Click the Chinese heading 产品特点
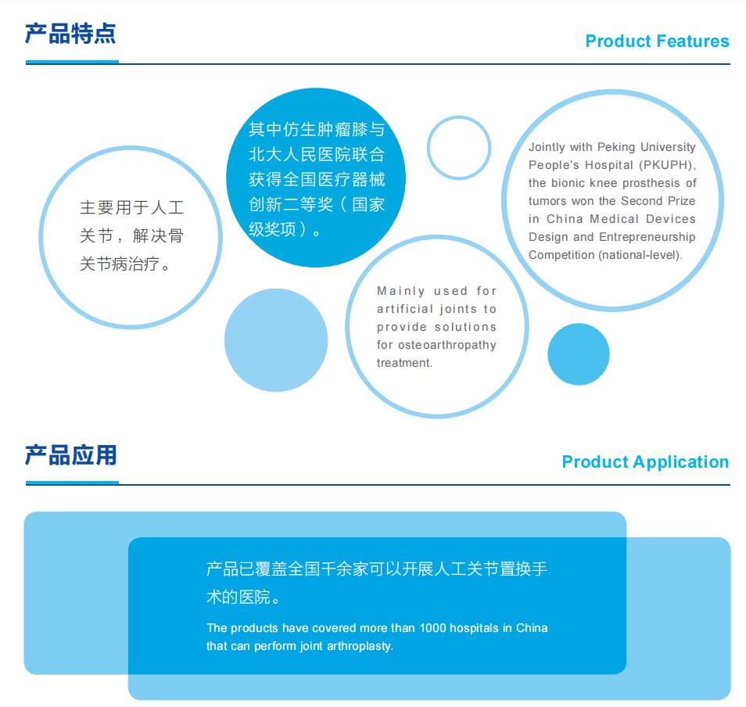70,34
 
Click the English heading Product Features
657,41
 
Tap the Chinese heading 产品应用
71,455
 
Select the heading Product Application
645,462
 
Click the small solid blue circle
579,354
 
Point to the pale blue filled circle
276,340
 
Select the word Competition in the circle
561,255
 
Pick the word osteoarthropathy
447,345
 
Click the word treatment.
404,363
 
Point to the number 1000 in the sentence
432,628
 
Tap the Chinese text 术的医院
238,597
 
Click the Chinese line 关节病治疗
120,264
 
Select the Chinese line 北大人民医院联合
317,154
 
